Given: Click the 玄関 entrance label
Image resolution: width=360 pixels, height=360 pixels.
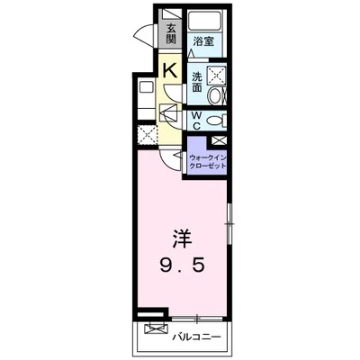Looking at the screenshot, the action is coord(171,33).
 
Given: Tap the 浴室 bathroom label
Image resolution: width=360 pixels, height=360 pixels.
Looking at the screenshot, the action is coord(203,41).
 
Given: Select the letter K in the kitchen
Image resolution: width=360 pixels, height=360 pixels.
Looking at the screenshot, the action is coord(170,71).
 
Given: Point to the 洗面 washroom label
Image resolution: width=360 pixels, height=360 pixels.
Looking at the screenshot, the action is coord(197,82).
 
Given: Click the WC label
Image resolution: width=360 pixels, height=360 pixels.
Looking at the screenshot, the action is coord(196,121).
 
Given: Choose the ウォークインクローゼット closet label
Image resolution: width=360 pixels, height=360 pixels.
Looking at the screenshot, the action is coord(207,161).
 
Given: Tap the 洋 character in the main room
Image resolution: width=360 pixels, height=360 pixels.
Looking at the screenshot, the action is coord(182,238).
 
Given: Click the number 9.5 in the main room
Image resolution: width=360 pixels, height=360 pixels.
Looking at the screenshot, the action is coord(182,265).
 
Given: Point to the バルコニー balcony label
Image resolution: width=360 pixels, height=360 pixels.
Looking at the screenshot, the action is coord(196,337).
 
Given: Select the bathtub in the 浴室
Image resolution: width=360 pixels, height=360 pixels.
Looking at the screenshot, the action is coord(204,21).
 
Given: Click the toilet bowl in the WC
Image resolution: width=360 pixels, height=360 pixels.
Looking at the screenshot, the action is coord(214,121).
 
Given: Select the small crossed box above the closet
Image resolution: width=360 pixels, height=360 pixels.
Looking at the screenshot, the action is coord(218,140).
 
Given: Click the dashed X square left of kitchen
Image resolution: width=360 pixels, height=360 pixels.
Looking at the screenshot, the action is coord(147,136).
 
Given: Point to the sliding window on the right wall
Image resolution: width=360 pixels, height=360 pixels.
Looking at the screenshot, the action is coord(229,223).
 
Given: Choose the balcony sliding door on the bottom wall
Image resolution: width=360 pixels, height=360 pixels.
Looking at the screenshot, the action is coord(197,319).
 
